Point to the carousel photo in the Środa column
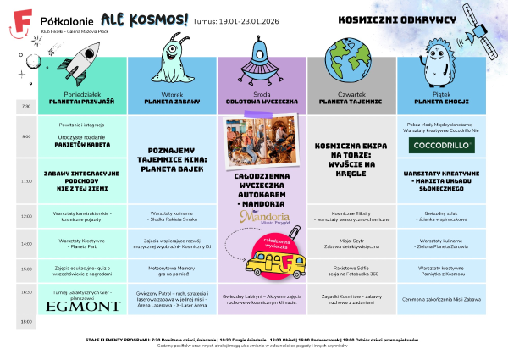click(262, 140)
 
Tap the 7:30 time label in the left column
click(25, 106)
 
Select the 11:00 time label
click(25, 180)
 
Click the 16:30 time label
click(25, 291)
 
